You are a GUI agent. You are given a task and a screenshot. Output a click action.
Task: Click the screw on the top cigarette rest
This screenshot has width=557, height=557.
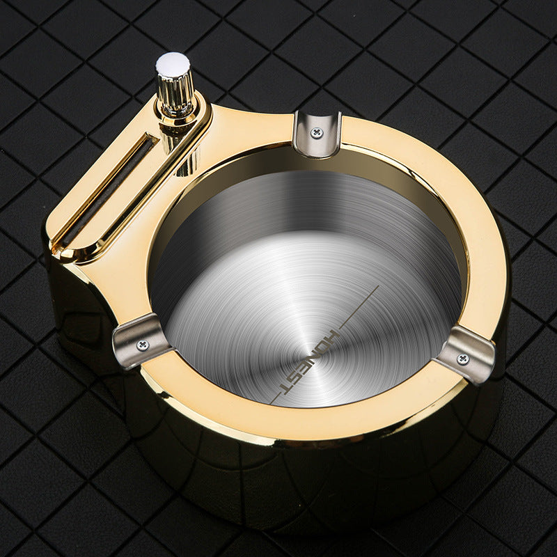pos(317,131)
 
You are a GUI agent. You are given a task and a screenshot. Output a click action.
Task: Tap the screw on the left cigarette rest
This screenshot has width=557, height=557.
pos(143,344)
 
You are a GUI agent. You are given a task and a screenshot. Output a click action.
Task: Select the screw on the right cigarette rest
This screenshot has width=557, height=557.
pos(462,358)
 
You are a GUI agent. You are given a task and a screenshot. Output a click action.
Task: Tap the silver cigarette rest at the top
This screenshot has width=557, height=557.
pos(317,132)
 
